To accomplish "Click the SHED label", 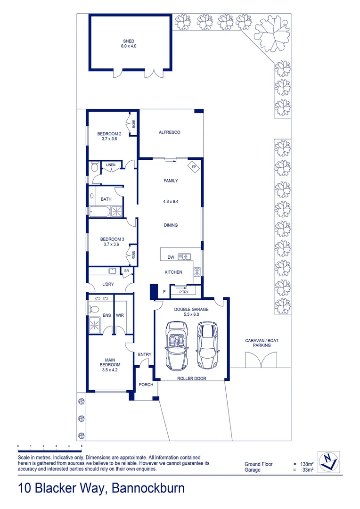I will [129, 41].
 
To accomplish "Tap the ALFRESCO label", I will [170, 132].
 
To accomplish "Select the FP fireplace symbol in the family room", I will [194, 167].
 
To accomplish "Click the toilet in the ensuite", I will [93, 310].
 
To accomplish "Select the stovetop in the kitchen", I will [197, 271].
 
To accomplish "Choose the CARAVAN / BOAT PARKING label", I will [258, 343].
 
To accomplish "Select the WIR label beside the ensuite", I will [120, 315].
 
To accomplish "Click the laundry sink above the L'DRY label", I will [112, 271].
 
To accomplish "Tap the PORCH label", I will [146, 385].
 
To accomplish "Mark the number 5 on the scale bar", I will [82, 445].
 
